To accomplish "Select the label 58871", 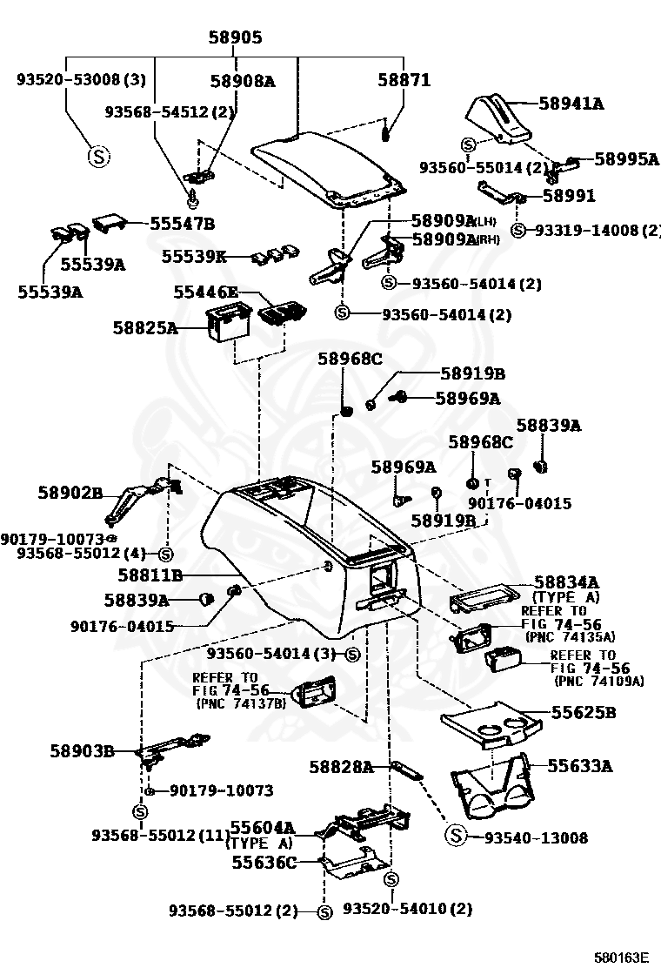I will click(404, 80).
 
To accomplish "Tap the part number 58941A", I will click(571, 104).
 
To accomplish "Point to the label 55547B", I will click(182, 223).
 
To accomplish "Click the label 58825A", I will click(144, 328).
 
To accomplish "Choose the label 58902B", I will click(70, 493).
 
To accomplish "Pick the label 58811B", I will click(150, 575).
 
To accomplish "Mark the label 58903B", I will click(82, 750).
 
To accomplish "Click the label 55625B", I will click(583, 712).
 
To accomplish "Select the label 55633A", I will click(579, 766).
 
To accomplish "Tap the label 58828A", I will click(341, 767).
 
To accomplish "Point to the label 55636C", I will click(264, 863).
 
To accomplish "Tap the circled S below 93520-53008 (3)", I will click(98, 157).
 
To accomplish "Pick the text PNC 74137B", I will click(241, 703).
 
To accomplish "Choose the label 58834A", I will click(566, 582).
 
